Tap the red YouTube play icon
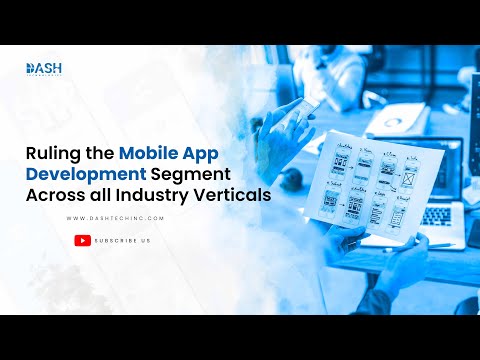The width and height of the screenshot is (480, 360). (83, 240)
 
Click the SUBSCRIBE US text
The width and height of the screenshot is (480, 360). (123, 240)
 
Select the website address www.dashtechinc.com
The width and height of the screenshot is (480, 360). (114, 217)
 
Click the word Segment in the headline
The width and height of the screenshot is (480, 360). (190, 175)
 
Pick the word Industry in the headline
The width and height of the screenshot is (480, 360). (165, 196)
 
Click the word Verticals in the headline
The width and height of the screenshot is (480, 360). (236, 196)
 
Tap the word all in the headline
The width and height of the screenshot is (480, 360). (116, 196)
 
